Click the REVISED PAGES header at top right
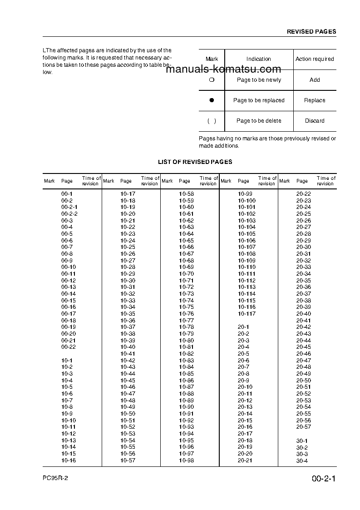311,32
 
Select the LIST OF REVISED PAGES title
195,162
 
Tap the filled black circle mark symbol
212,100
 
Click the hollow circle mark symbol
212,80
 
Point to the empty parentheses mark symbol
212,121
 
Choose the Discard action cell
315,121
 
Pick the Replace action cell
315,100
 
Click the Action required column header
315,59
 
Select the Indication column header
259,59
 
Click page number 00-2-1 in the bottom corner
323,479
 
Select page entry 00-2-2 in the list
69,214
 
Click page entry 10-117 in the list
247,314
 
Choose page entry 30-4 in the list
302,461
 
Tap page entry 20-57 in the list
304,427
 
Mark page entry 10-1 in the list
67,361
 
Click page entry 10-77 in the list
186,321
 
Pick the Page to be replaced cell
259,100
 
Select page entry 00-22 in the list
68,347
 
